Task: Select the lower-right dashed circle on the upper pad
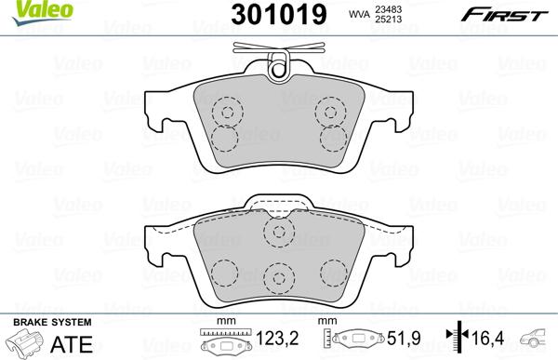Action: point(331,139)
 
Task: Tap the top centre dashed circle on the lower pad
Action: point(278,231)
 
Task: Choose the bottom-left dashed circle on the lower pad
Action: point(221,273)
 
